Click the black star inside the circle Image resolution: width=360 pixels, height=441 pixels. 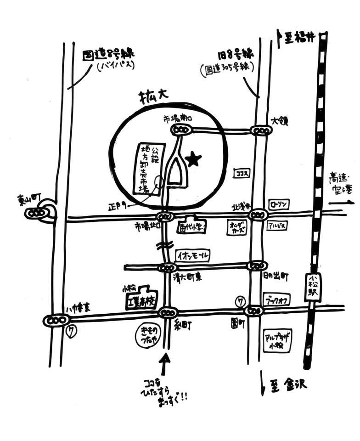(x=194, y=159)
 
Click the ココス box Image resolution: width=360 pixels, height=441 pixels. (x=241, y=174)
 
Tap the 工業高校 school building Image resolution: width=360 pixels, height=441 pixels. (x=142, y=299)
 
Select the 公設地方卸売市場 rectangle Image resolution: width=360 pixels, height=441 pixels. (x=151, y=169)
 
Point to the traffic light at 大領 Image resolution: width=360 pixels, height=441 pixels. (x=261, y=130)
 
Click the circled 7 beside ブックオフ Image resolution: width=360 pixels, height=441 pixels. (x=240, y=301)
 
